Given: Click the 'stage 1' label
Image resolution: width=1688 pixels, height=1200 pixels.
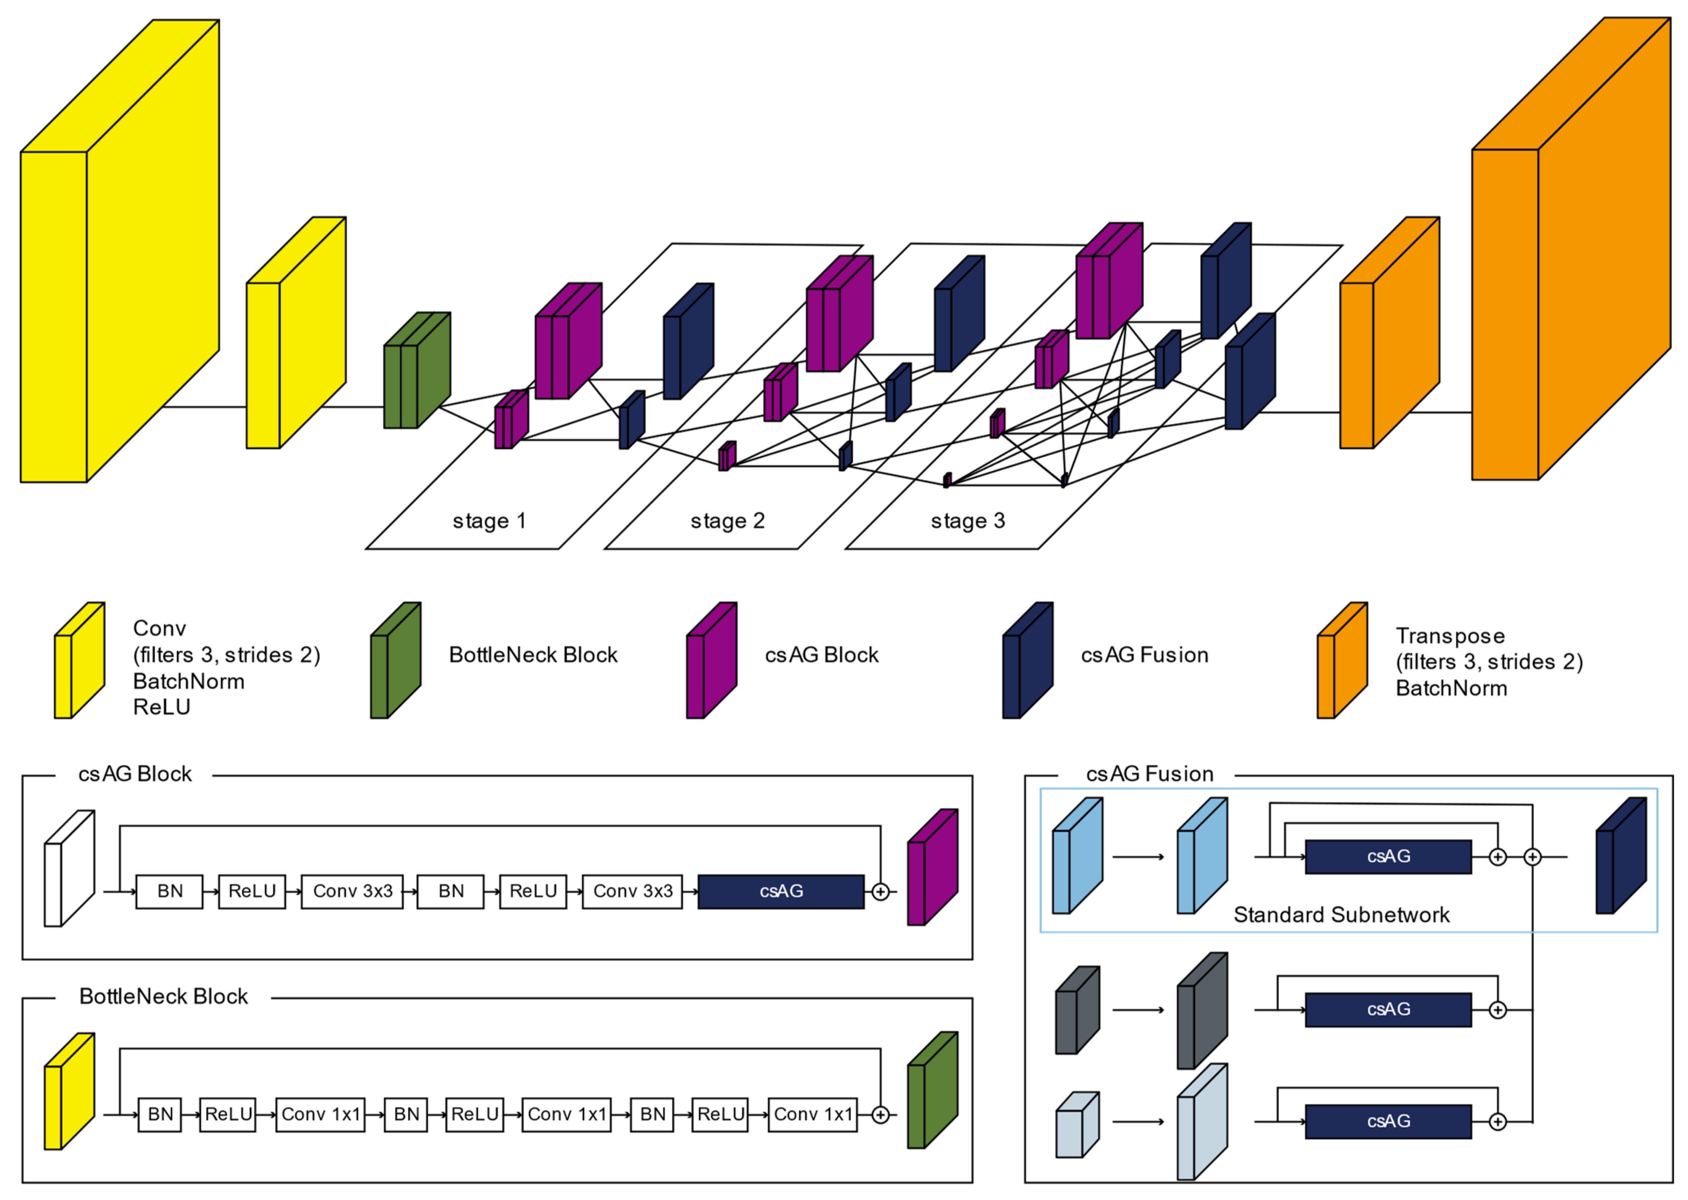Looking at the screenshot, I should (489, 521).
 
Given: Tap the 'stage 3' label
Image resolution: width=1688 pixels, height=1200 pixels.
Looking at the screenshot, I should (967, 521).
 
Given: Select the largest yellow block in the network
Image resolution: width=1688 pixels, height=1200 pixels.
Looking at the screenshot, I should (118, 251).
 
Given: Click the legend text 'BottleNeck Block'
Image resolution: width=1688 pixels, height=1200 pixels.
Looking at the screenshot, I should (533, 655).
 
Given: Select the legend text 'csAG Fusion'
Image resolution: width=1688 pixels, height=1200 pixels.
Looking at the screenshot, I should (1144, 655).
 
